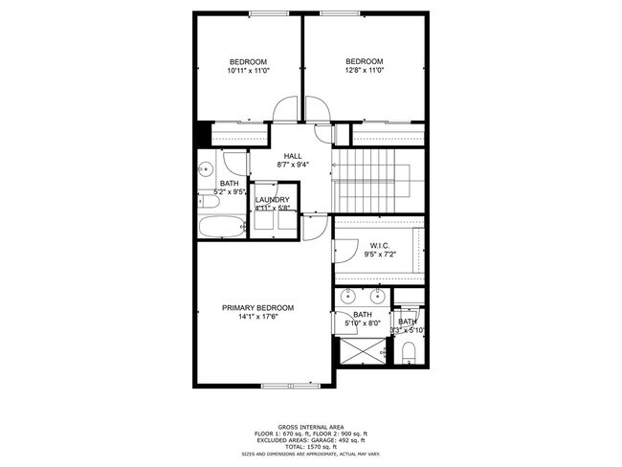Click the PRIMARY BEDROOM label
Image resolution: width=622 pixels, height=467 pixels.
coord(257,308)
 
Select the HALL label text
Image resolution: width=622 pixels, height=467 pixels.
coord(292,155)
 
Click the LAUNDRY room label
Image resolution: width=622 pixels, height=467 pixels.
coord(272,199)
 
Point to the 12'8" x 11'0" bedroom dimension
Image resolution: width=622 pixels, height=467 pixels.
coord(364,69)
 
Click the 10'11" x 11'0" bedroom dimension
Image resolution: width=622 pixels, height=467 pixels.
coord(247,70)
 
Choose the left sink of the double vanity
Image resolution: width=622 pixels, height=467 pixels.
coord(347,295)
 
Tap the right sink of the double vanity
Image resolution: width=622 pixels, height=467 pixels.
coord(376,295)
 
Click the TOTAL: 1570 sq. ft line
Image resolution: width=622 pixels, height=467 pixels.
coord(311,446)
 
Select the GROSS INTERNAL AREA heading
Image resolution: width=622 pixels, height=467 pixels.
coord(311,427)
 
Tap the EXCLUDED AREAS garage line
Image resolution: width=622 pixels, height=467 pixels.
coord(311,439)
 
